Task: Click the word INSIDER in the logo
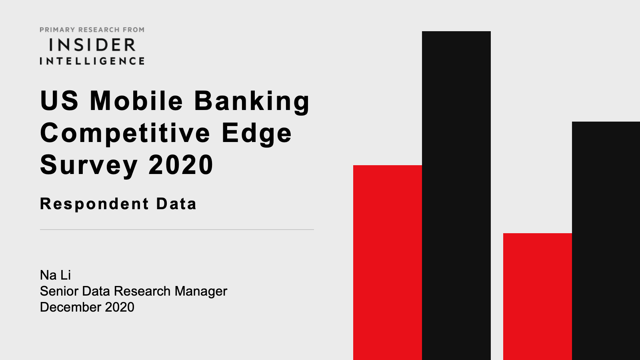click(x=92, y=45)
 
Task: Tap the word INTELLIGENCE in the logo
click(x=92, y=61)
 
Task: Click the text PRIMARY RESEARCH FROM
click(x=92, y=30)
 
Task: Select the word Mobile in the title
click(x=136, y=100)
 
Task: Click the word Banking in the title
click(x=252, y=102)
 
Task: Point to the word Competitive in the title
click(x=125, y=134)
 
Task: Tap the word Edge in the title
click(x=256, y=134)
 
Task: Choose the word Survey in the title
click(x=89, y=166)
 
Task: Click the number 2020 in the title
click(x=181, y=164)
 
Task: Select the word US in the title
click(x=59, y=100)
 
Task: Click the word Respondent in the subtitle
click(x=94, y=204)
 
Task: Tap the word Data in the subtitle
click(x=176, y=204)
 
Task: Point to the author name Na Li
click(x=56, y=275)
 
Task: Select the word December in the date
click(x=70, y=307)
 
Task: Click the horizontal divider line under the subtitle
click(x=177, y=230)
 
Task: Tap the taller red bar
click(x=388, y=262)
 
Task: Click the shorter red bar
click(x=538, y=296)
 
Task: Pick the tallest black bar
click(x=456, y=196)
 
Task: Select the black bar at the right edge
click(x=606, y=241)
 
